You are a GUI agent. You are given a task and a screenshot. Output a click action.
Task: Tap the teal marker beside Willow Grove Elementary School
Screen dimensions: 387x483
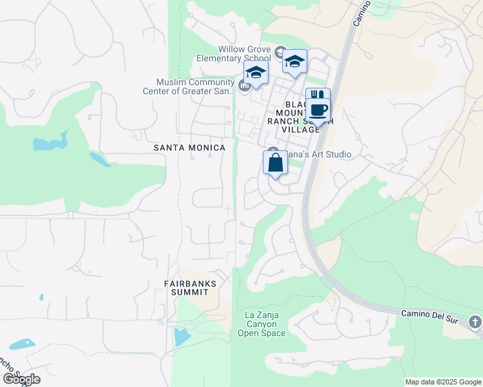point(280,52)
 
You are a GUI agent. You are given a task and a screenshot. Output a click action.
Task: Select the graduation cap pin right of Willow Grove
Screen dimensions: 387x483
point(295,62)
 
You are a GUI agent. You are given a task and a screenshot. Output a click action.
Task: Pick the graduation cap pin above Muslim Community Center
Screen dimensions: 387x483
point(256,73)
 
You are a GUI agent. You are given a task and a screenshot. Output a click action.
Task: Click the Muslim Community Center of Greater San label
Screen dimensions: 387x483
point(195,86)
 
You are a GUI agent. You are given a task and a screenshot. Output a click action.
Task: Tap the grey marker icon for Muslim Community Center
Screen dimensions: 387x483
point(245,85)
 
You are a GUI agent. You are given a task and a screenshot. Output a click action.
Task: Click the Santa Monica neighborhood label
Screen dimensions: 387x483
point(189,148)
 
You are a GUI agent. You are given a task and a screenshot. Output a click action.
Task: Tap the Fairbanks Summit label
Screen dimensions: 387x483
point(190,288)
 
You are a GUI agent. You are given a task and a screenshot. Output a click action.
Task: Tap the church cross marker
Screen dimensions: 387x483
point(475,321)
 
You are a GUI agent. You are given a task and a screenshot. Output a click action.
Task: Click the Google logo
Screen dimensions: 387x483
point(21,379)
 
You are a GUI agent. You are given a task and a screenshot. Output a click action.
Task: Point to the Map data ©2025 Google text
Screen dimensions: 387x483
point(442,382)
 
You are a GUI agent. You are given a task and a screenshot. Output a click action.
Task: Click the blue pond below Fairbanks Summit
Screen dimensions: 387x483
point(181,337)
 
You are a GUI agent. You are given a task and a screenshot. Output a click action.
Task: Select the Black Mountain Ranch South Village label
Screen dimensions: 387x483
point(294,117)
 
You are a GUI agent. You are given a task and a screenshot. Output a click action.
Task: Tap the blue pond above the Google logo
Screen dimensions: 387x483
point(21,344)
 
